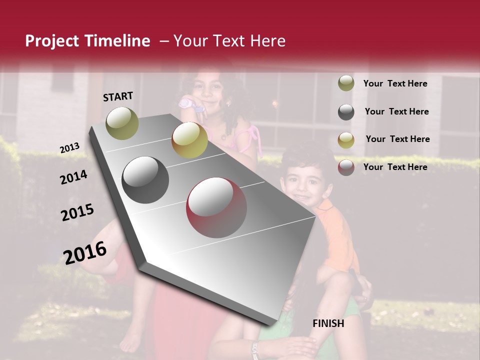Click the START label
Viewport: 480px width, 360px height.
point(118,96)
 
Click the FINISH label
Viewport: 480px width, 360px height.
point(328,323)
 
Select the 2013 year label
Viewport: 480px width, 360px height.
point(69,148)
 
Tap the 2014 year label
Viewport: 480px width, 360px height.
point(73,177)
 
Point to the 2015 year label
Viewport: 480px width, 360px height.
point(77,212)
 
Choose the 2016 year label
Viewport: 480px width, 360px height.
point(85,252)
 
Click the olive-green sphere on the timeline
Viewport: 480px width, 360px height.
point(122,123)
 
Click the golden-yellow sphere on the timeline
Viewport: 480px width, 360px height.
point(189,140)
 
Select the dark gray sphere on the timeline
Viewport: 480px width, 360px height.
point(145,180)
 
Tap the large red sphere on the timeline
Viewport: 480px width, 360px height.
point(216,207)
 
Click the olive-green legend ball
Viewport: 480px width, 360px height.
point(346,83)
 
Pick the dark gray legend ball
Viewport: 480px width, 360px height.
point(346,111)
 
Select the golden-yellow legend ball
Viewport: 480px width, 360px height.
point(346,139)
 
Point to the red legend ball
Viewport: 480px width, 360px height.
point(346,167)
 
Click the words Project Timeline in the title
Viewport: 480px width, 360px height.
point(87,41)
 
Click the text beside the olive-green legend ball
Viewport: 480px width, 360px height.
point(395,83)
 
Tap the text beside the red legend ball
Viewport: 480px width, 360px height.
point(395,167)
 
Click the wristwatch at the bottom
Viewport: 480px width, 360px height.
point(255,349)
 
